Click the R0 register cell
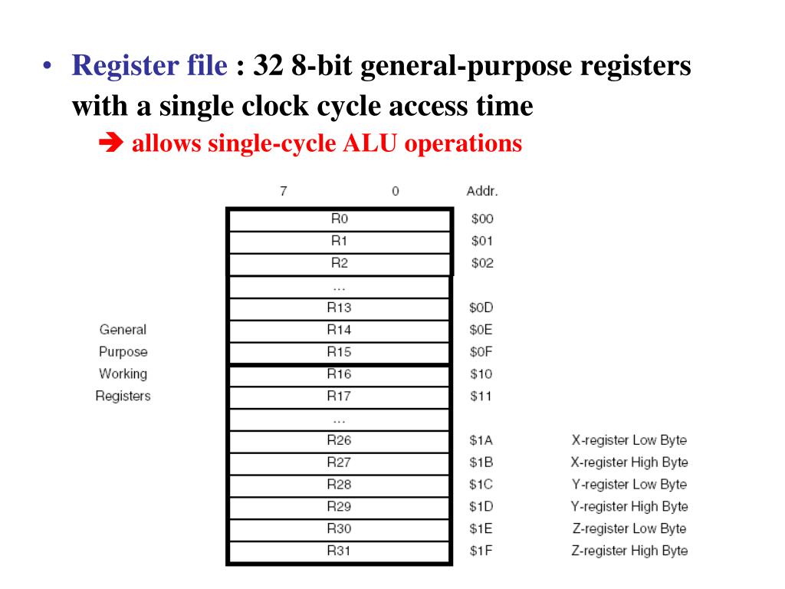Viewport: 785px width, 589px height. pos(339,219)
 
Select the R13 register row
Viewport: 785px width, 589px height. pos(339,308)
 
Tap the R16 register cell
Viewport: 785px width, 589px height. pos(339,374)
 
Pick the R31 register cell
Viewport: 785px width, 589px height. pos(339,551)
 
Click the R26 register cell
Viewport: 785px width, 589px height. pos(339,440)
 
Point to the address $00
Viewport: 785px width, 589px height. pos(482,219)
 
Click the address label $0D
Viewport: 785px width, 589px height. pos(481,308)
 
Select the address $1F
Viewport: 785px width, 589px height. pos(481,551)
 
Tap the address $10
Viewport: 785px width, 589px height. pos(481,374)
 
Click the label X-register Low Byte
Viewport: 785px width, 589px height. pos(629,440)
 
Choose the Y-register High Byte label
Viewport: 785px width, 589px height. pos(629,506)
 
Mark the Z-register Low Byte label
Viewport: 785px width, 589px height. pos(629,528)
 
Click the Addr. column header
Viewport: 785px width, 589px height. pos(482,191)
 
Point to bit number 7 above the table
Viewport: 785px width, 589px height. pos(284,191)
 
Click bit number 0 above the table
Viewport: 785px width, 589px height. pos(395,191)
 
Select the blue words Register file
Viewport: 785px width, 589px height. pos(149,67)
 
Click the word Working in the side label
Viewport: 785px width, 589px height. pos(123,374)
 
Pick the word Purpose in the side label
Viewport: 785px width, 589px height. pos(123,352)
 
